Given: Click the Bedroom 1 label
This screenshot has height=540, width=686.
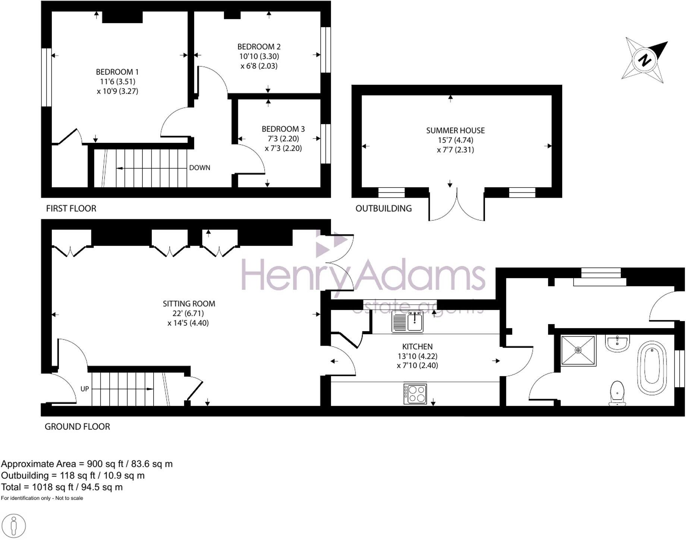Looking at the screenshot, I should (x=117, y=72).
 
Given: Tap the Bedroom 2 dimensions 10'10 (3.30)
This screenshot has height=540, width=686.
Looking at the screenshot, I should (x=259, y=56).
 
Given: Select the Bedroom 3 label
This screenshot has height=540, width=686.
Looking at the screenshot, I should (x=283, y=129).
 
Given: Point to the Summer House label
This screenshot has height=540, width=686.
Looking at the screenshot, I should (x=455, y=131).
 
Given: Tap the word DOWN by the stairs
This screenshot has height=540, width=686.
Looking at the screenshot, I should (x=199, y=168).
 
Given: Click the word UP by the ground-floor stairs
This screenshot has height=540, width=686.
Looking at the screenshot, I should (x=85, y=389).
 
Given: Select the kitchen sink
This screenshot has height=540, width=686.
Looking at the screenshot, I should (x=407, y=321).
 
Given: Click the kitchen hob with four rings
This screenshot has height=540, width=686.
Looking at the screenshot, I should (x=415, y=394).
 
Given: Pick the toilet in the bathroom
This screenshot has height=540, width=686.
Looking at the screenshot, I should (x=617, y=392).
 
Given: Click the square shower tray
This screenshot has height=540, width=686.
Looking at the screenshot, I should (x=578, y=350).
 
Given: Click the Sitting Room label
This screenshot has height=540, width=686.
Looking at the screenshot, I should (x=189, y=304).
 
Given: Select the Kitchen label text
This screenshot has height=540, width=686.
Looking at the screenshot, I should (x=417, y=346).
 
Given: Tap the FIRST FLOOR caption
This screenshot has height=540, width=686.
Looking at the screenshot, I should (x=71, y=208).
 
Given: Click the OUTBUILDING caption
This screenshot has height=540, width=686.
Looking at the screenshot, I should (x=383, y=208).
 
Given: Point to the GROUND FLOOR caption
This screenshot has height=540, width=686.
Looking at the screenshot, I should (x=77, y=427).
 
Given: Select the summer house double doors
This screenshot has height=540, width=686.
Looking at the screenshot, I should (x=457, y=207).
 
